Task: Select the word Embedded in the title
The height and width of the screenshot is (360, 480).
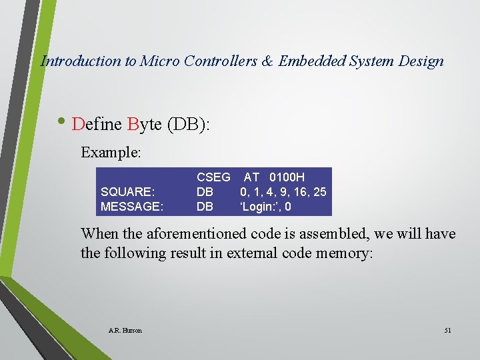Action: click(311, 61)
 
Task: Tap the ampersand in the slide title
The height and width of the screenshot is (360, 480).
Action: click(267, 61)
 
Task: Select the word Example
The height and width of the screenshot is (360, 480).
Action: click(111, 153)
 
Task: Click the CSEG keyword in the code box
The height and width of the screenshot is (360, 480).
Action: click(213, 177)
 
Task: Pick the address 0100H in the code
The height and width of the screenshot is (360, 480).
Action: click(287, 177)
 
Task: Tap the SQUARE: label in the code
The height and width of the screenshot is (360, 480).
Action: click(127, 192)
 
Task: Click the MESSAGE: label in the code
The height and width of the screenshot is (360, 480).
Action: click(131, 207)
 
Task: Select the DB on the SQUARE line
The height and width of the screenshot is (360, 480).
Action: click(205, 192)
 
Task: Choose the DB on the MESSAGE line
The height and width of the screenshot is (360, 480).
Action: click(205, 207)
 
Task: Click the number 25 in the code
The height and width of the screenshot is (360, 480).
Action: click(319, 192)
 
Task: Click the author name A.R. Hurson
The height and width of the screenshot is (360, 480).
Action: click(125, 331)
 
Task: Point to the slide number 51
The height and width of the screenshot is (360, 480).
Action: click(447, 331)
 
